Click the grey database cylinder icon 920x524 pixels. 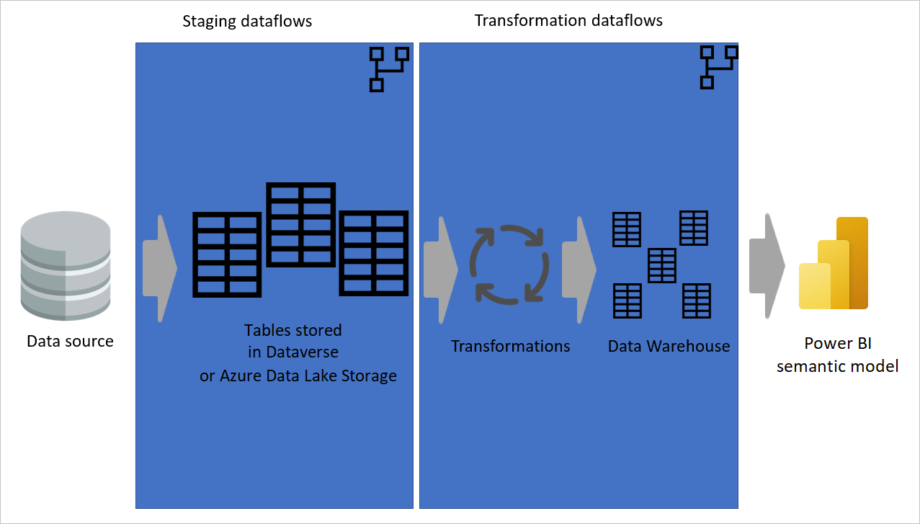(66, 266)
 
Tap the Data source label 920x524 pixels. (70, 341)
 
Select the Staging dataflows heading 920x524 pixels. (247, 21)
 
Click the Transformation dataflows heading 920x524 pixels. (568, 20)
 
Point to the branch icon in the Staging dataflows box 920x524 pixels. (388, 69)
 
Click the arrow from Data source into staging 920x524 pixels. (159, 268)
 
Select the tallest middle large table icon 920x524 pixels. (301, 225)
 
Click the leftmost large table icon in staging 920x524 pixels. (227, 254)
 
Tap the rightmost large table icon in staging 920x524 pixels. (374, 253)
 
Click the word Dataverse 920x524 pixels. (303, 353)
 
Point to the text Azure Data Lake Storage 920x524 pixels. (308, 376)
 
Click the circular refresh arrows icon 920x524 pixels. (510, 262)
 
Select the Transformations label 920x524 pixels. (510, 347)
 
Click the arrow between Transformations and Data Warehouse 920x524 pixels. (579, 268)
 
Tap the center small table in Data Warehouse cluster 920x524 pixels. (661, 265)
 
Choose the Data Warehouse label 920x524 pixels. (669, 347)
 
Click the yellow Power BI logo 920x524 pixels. (834, 264)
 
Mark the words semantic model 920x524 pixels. (837, 366)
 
